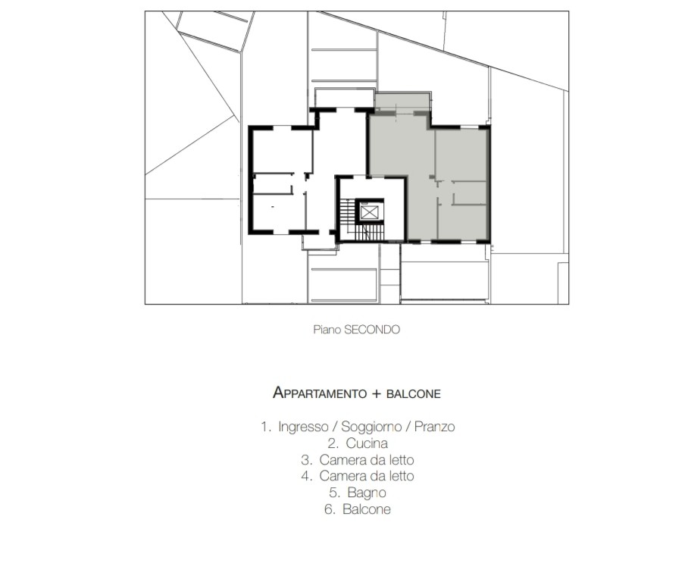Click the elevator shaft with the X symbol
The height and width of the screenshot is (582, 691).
[369, 212]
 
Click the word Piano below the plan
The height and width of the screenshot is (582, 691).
[327, 330]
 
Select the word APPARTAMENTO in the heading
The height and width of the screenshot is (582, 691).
[320, 393]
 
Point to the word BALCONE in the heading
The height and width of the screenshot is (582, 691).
[414, 394]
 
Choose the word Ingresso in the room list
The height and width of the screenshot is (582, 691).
[303, 427]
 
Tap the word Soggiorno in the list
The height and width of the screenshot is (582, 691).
[371, 427]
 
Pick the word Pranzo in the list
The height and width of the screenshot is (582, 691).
[434, 427]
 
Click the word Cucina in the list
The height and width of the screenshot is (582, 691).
[367, 443]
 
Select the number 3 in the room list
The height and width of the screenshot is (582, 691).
[305, 460]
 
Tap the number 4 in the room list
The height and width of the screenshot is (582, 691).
[305, 476]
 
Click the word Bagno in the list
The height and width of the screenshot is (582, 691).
[366, 493]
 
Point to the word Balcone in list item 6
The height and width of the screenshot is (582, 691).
[367, 509]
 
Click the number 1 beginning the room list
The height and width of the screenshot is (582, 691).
[264, 427]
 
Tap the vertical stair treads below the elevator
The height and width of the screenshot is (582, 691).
[370, 233]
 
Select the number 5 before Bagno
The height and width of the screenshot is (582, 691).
[333, 493]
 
